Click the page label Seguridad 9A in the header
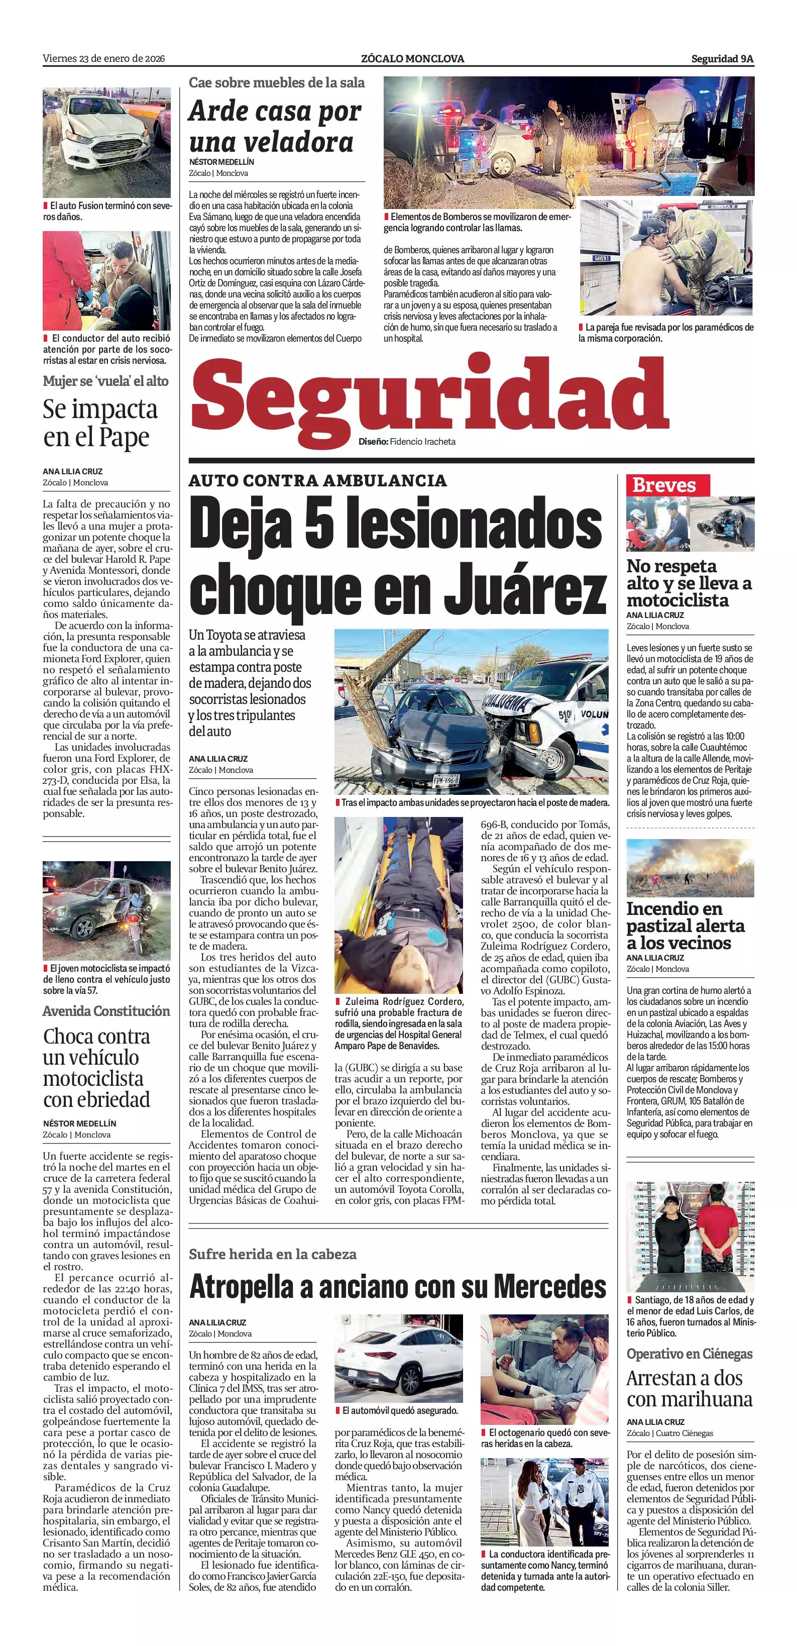pos(722,59)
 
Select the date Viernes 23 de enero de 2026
pos(103,59)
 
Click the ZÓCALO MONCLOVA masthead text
pos(412,59)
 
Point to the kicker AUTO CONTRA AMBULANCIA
pos(317,480)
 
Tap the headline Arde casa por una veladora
pos(275,127)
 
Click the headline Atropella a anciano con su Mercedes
pos(397,1286)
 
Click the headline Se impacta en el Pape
pos(100,423)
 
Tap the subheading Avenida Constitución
pos(106,1011)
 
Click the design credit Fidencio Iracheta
pos(422,442)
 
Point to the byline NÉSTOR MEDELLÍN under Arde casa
pos(221,162)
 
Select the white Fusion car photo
pos(106,143)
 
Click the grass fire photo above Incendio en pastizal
pos(690,867)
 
